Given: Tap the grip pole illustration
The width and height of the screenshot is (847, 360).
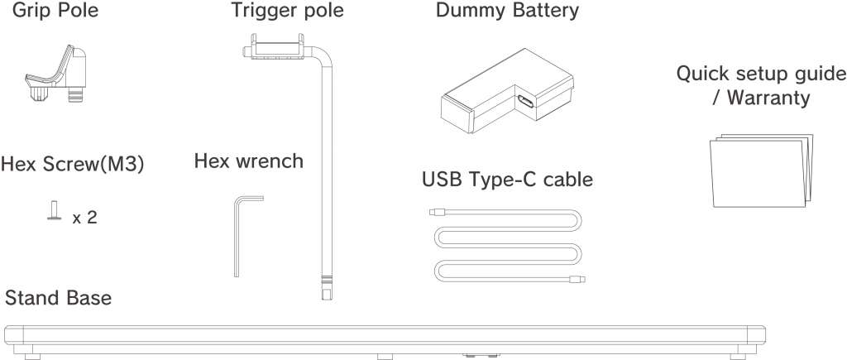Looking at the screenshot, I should [x=56, y=79].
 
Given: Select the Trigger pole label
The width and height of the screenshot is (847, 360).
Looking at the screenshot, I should [x=287, y=12].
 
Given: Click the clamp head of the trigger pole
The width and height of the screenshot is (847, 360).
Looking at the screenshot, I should [x=277, y=48].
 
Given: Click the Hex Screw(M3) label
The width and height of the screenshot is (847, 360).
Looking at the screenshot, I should [x=73, y=163].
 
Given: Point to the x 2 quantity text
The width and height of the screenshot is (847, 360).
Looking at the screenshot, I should [x=85, y=218].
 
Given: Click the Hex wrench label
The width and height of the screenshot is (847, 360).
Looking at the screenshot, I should [x=248, y=161].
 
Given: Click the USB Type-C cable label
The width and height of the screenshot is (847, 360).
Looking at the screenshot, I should [x=507, y=179].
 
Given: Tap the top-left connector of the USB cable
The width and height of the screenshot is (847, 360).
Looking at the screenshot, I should [x=438, y=212].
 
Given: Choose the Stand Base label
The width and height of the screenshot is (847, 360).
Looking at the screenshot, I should [x=58, y=297].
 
